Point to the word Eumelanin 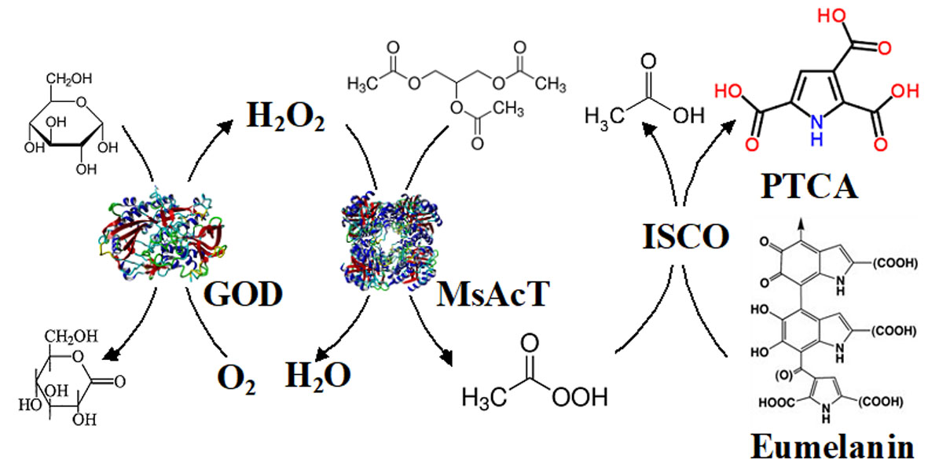tap(834, 447)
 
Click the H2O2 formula tap(284, 119)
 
